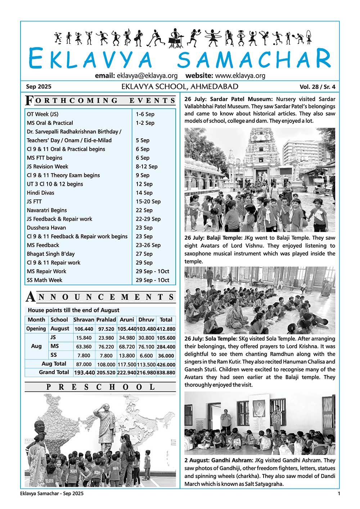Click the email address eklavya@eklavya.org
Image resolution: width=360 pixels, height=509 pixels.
coord(147,76)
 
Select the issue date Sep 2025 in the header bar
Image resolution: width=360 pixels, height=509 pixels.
coord(39,87)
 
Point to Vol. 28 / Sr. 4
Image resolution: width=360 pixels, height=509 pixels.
coord(317,87)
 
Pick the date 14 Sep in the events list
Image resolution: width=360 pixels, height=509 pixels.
coord(144,193)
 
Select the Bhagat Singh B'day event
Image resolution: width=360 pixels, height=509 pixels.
coord(51,254)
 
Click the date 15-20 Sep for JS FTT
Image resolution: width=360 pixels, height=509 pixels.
coord(148,202)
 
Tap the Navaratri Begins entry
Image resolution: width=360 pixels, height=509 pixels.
coord(47,210)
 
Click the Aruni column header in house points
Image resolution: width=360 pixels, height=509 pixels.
coord(127,320)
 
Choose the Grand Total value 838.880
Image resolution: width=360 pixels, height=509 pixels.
coord(166,373)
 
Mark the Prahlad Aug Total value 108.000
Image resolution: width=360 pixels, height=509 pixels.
coord(106,364)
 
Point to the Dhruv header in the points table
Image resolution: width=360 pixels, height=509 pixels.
coord(146,320)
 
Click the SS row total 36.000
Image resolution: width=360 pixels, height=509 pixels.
coord(166,355)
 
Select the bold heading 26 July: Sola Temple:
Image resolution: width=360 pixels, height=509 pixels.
coord(211,339)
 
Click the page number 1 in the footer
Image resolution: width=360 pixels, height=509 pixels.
coord(338,494)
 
